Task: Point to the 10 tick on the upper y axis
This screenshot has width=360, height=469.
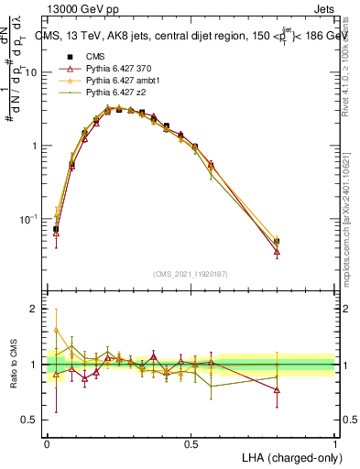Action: click(x=34, y=71)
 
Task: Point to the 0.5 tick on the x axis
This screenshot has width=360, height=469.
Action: click(x=191, y=443)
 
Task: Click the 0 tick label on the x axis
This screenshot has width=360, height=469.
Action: click(x=47, y=443)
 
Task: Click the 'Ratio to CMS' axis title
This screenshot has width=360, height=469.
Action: click(x=14, y=365)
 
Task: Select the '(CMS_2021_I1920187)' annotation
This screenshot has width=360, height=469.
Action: click(x=191, y=274)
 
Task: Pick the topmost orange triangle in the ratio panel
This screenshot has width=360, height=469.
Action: click(x=56, y=330)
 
